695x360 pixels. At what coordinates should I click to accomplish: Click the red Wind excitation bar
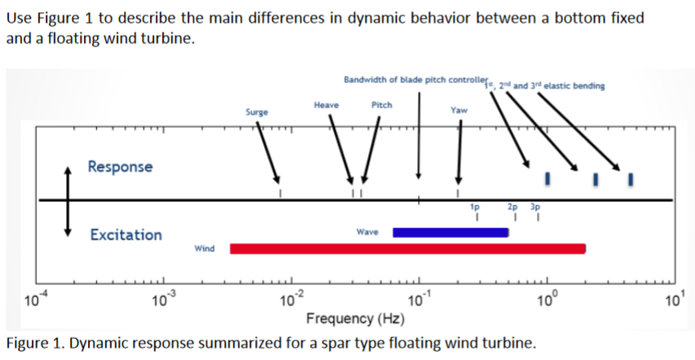point(407,248)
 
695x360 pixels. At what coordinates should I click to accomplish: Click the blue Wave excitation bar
point(451,232)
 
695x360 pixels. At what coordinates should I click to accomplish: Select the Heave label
point(326,105)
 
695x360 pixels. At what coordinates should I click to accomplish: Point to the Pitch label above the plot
point(381,105)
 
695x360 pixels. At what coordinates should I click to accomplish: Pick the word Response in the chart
point(120,167)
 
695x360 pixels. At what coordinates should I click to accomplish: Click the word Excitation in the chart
point(125,235)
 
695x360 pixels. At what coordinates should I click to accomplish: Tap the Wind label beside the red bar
point(205,248)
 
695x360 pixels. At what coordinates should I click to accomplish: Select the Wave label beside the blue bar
point(367,232)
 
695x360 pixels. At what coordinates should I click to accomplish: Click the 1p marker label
point(474,208)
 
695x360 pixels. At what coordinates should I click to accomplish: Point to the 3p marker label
point(535,208)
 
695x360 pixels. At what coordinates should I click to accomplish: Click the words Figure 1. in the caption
point(34,341)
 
